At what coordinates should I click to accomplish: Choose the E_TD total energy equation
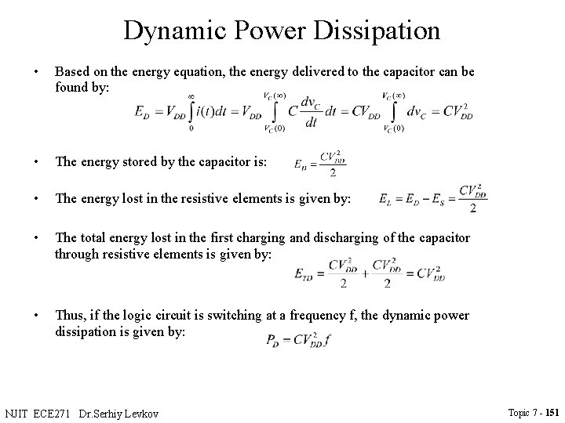coord(369,273)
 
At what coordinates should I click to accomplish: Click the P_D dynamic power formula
coord(298,341)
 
